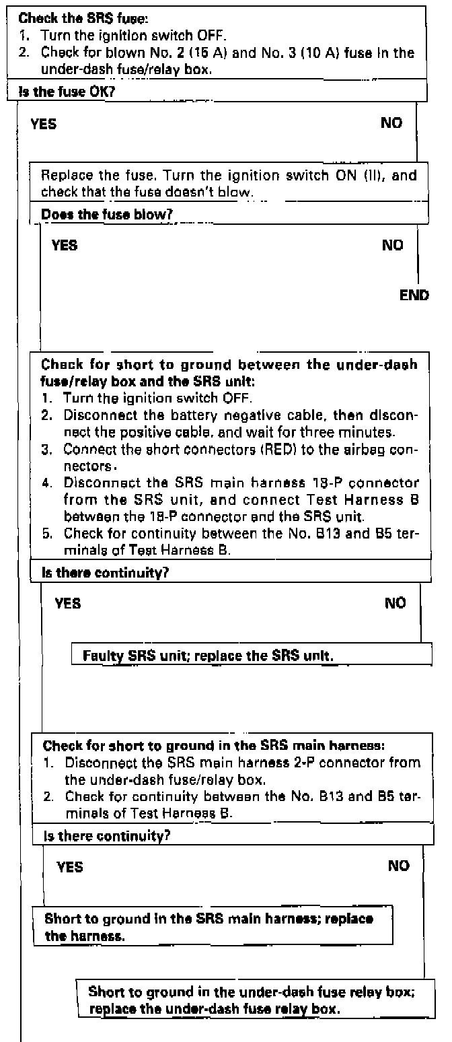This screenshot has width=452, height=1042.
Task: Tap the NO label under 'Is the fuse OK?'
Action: (x=391, y=123)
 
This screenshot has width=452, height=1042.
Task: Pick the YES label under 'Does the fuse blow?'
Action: (x=65, y=246)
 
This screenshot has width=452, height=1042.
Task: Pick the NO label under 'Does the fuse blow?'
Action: (x=393, y=246)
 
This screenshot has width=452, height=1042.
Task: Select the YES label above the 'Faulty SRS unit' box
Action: (x=68, y=604)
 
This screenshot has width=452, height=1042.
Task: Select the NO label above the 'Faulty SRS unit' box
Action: (x=396, y=604)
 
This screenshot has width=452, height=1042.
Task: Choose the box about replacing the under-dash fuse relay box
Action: (x=252, y=996)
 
